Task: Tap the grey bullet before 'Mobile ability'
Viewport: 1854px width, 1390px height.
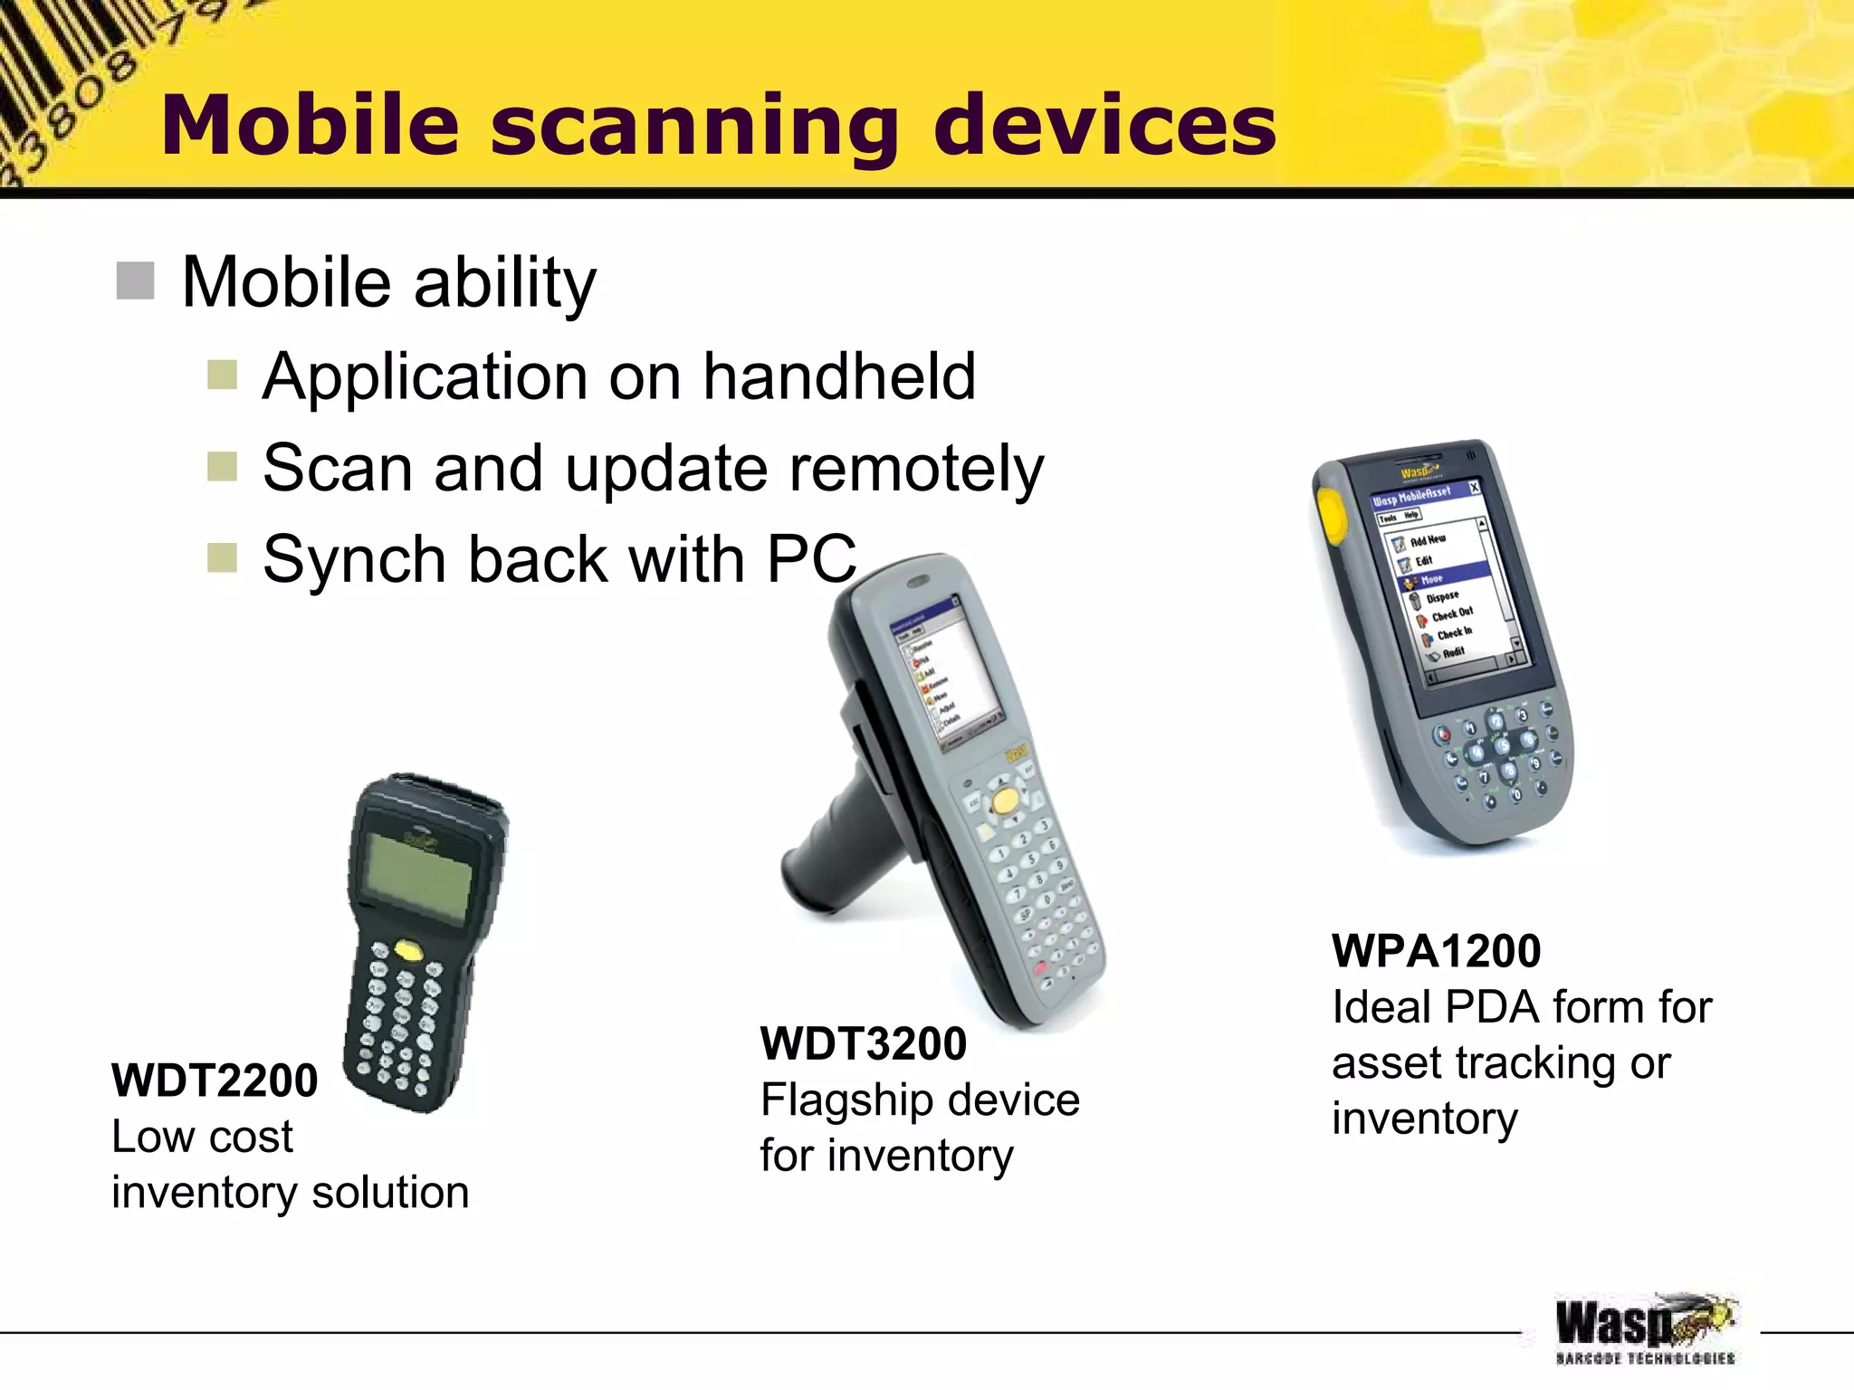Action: pyautogui.click(x=136, y=281)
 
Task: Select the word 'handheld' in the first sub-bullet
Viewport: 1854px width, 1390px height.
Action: pyautogui.click(x=839, y=376)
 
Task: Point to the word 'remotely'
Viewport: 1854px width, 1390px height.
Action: pyautogui.click(x=917, y=469)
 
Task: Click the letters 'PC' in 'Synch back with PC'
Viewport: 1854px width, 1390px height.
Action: pyautogui.click(x=811, y=559)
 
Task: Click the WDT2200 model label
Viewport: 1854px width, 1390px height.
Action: pyautogui.click(x=215, y=1081)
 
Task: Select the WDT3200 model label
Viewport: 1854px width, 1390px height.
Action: pyautogui.click(x=864, y=1043)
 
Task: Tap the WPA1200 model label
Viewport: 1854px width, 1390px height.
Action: pyautogui.click(x=1436, y=951)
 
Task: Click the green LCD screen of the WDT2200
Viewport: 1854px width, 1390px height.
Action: pyautogui.click(x=418, y=874)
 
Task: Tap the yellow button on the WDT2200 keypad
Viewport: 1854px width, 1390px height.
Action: pyautogui.click(x=408, y=949)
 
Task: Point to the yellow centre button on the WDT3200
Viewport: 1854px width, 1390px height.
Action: pyautogui.click(x=1004, y=800)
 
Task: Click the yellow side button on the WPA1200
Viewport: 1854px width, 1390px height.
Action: pyautogui.click(x=1331, y=514)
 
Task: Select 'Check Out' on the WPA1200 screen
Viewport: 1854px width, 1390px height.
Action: pyautogui.click(x=1452, y=614)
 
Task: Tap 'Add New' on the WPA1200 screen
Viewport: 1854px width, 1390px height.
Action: pyautogui.click(x=1428, y=539)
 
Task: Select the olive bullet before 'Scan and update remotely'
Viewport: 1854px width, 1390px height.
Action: pyautogui.click(x=222, y=467)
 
